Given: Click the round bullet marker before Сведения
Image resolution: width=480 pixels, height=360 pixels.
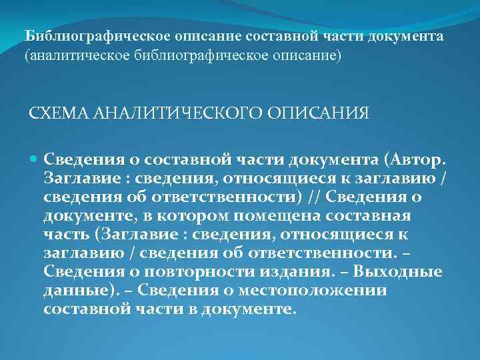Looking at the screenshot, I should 35,160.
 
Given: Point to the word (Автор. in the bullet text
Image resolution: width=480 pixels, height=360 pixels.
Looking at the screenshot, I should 417,160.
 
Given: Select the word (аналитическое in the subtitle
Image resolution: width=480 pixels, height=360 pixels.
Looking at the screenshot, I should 74,56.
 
